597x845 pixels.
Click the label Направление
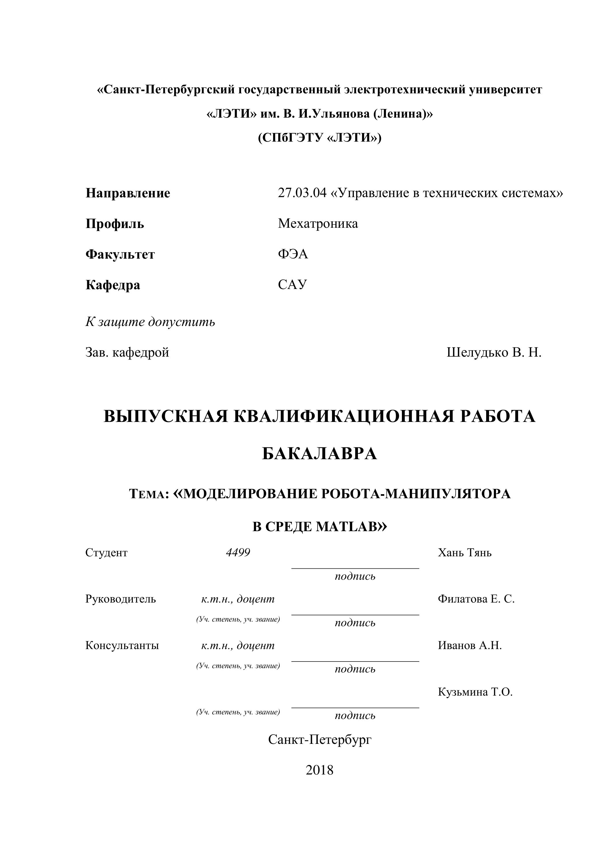tap(128, 193)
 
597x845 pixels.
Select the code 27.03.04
tap(302, 193)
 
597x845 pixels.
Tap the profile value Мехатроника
tap(318, 223)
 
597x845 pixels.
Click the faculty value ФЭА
tap(293, 254)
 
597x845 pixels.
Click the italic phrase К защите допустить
tap(150, 322)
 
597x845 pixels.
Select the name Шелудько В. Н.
tap(494, 353)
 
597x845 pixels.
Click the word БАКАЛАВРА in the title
tap(320, 454)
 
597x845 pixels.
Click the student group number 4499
tap(238, 553)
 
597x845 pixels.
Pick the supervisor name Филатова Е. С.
tap(476, 599)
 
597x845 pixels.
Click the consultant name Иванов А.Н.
tap(469, 646)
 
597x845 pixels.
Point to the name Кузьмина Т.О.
tap(475, 692)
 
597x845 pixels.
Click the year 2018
tap(320, 770)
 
